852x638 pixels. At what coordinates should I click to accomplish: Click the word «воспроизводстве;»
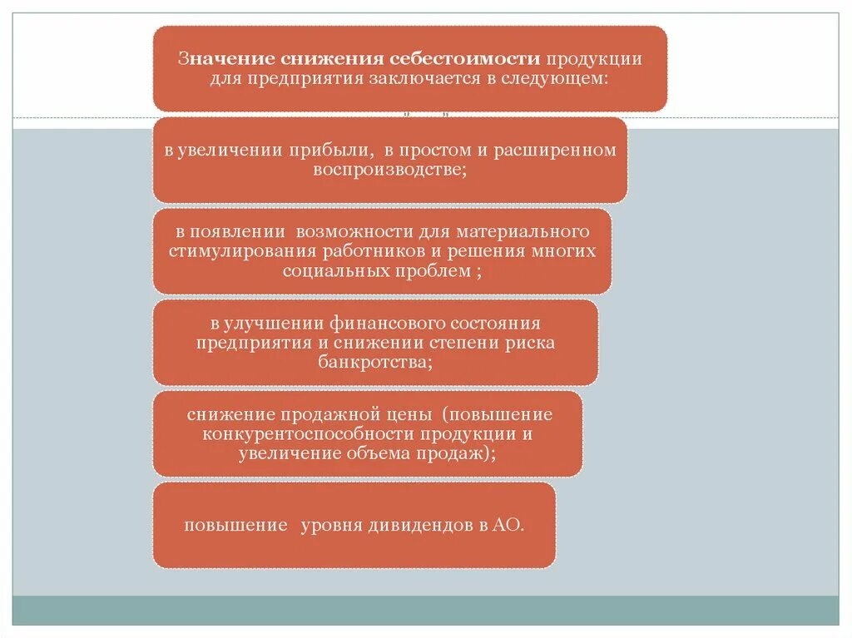tap(389, 169)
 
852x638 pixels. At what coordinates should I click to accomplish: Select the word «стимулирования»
tap(231, 250)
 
